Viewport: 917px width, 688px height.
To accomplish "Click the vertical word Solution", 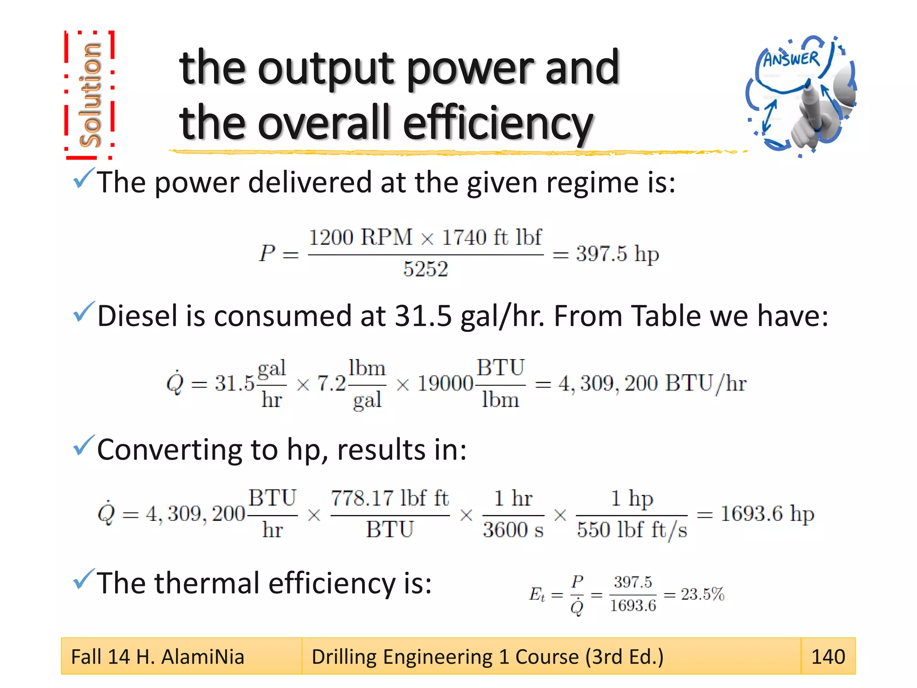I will [x=90, y=95].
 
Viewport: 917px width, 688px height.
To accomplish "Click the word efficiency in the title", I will [x=497, y=123].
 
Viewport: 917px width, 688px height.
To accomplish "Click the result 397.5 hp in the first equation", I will [x=617, y=254].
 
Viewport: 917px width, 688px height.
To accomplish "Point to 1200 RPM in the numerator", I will [x=360, y=237].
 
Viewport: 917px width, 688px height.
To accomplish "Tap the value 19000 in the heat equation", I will [x=445, y=384].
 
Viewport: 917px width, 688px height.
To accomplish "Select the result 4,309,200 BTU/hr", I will [x=652, y=384].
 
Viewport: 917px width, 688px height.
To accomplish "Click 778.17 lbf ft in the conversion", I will [x=390, y=499].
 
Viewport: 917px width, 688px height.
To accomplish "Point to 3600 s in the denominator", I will [x=513, y=530].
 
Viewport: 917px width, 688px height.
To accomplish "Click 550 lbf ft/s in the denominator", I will [x=631, y=530].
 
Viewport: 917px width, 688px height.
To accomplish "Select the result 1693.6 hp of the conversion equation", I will [x=767, y=514].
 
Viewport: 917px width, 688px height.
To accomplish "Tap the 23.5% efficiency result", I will [x=702, y=594].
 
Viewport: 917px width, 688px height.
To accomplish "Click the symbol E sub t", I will [x=537, y=595].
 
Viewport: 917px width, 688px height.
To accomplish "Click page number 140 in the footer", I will [x=828, y=657].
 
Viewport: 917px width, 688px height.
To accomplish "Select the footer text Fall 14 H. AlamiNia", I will [x=158, y=657].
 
